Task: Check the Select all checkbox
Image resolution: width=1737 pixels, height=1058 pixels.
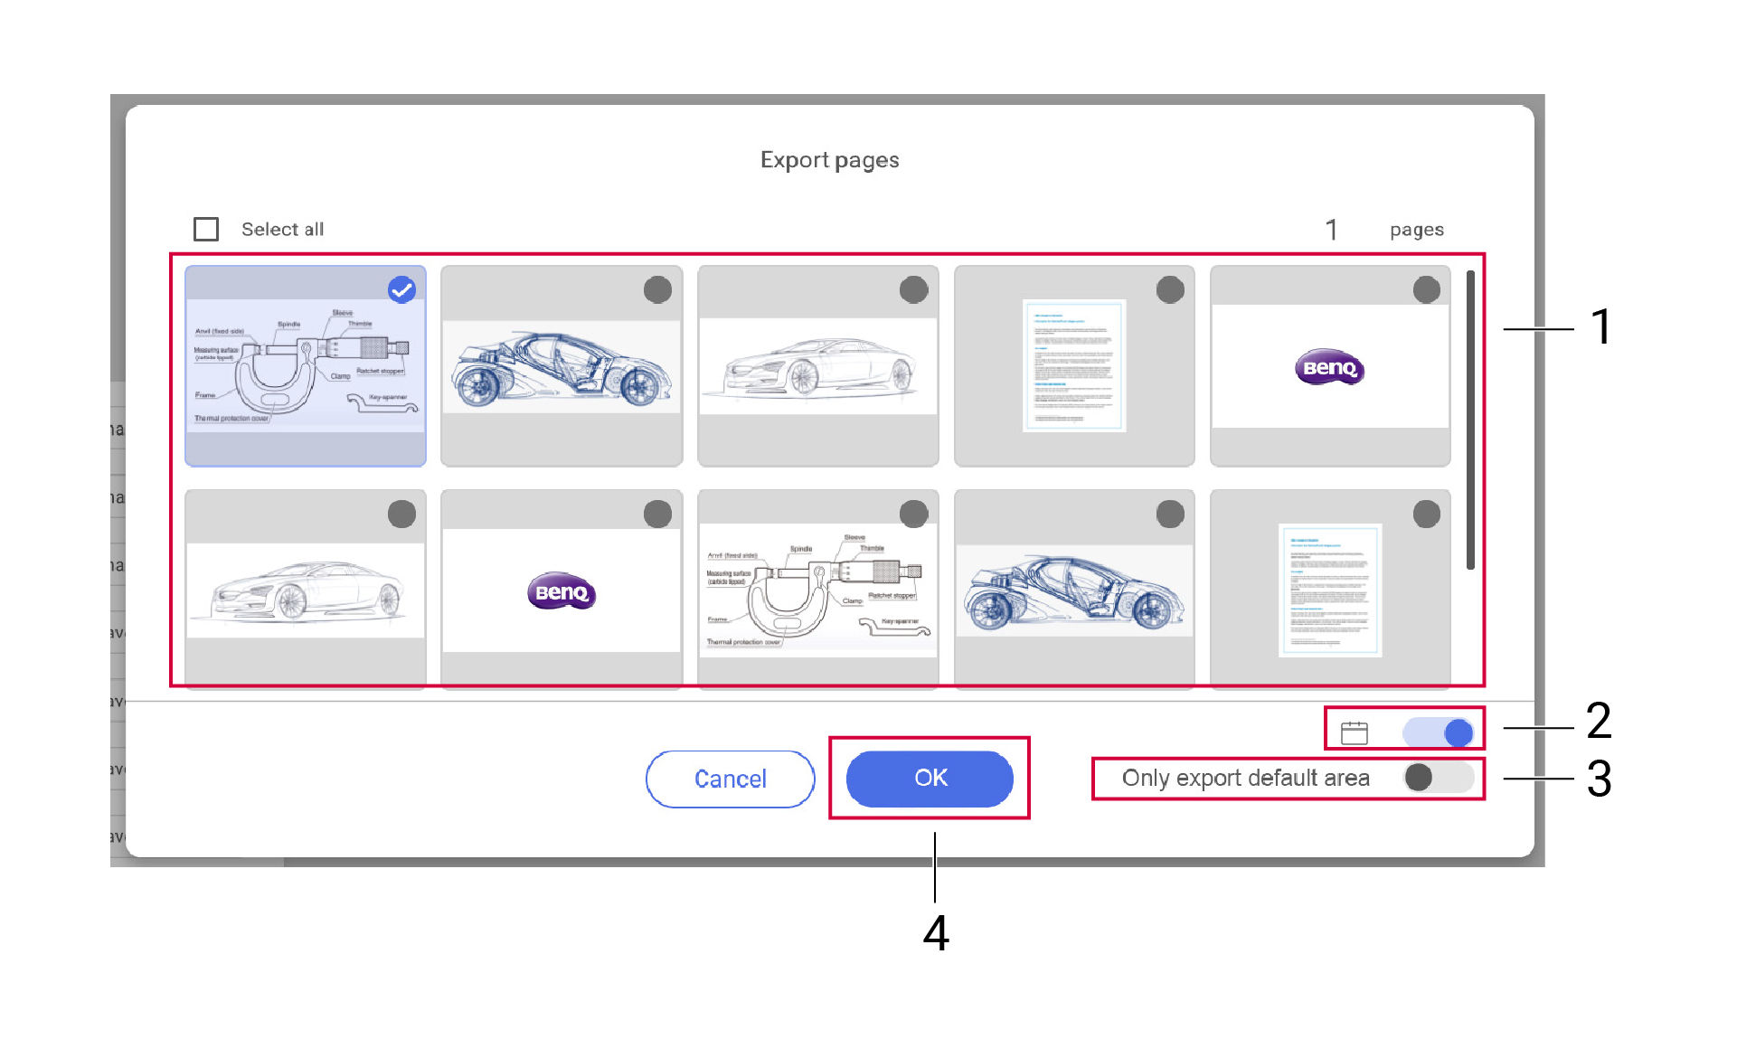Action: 206,230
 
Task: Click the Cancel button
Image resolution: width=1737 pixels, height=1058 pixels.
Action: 730,779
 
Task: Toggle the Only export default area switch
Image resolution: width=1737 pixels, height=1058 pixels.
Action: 1438,778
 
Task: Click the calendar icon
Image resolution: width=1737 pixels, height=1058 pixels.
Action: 1354,732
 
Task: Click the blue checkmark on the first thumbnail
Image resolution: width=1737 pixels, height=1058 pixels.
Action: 401,290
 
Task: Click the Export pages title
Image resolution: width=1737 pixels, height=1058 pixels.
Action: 829,160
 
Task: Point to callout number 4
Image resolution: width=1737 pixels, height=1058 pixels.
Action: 936,933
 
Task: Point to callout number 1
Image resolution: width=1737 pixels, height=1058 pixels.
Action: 1600,326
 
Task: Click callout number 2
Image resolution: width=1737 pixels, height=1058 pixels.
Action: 1599,721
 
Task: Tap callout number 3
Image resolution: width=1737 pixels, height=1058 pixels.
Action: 1599,779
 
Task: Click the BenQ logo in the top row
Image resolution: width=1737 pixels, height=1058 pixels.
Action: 1329,367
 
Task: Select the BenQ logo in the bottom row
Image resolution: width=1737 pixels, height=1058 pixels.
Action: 562,592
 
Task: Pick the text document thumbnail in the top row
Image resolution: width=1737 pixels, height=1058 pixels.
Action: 1074,365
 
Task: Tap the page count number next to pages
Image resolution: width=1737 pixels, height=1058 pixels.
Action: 1331,230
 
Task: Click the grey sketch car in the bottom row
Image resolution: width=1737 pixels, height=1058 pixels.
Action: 306,590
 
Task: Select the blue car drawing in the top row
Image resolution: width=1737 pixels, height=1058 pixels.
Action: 562,367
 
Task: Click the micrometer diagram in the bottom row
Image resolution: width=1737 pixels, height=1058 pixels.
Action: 817,590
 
